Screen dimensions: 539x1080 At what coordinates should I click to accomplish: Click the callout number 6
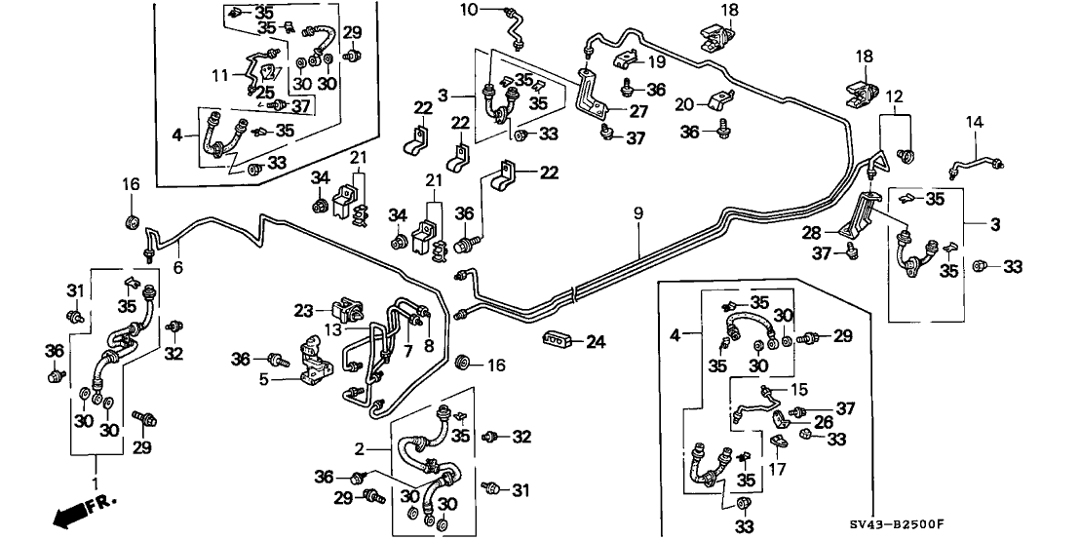[x=178, y=265]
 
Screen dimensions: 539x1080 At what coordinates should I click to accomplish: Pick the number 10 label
[x=469, y=10]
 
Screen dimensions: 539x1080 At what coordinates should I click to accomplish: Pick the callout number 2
[x=360, y=448]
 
